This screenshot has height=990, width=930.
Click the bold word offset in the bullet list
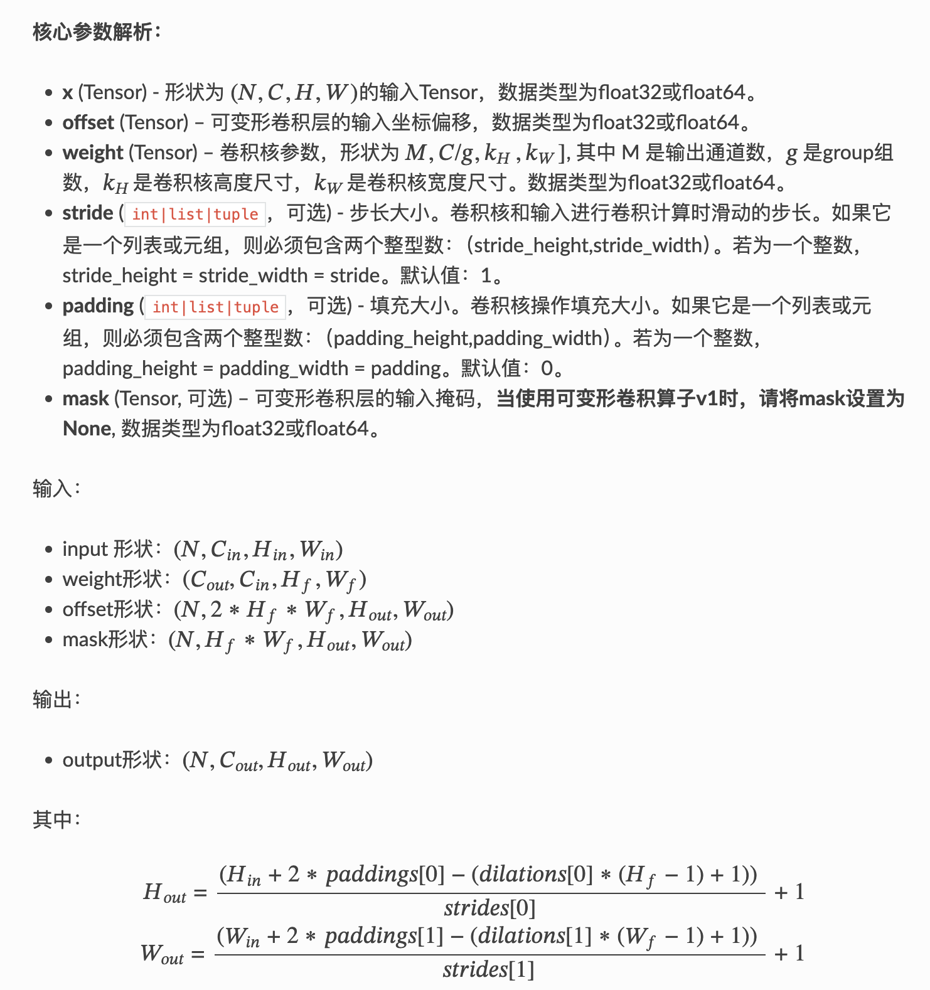point(88,122)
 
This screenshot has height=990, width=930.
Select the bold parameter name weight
point(92,152)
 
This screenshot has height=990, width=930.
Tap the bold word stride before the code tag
point(87,213)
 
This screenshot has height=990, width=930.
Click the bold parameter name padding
point(98,306)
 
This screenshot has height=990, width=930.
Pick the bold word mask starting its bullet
point(85,398)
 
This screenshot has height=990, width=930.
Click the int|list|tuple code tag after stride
point(195,214)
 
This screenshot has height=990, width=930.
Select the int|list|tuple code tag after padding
point(215,307)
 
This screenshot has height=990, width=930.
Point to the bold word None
point(87,428)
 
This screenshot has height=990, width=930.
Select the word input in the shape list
point(85,549)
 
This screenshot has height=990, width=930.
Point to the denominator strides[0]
point(489,908)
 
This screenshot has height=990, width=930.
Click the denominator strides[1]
point(488,969)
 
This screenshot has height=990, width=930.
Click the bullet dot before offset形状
point(48,610)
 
